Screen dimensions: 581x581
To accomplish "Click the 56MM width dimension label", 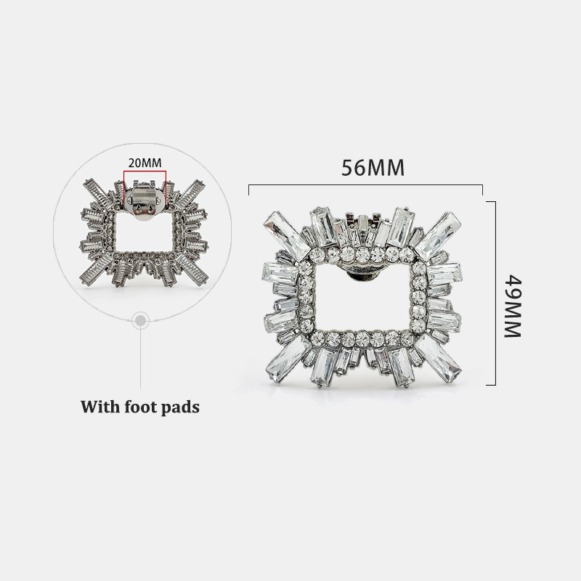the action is (373, 168).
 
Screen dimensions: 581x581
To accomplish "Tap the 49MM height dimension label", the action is (513, 306).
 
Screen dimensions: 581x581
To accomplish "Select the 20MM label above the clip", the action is (145, 163).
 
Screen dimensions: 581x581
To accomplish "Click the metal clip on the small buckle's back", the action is (145, 203).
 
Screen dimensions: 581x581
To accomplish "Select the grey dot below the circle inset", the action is (140, 320).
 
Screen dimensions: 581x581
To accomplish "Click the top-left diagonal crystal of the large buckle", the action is (287, 233).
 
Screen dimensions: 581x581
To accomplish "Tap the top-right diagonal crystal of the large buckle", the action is (438, 232).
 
